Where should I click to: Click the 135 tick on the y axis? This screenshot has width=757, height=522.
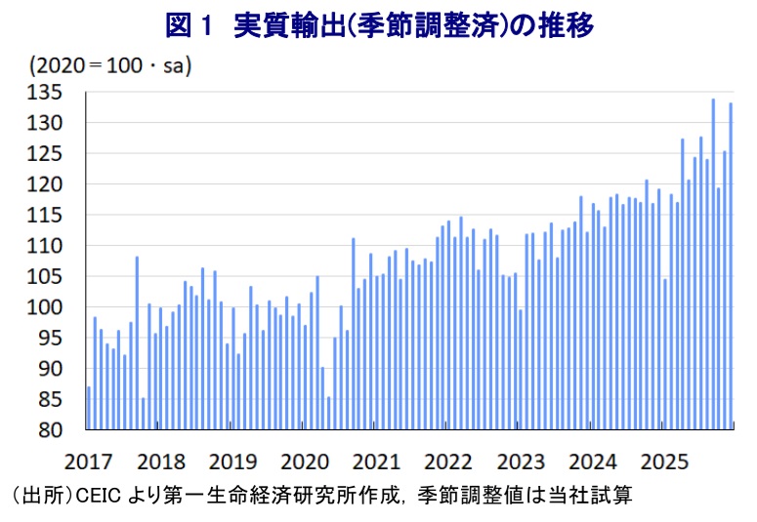coord(48,92)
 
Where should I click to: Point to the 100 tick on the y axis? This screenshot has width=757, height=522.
coord(48,307)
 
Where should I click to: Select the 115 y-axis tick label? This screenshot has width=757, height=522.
coord(48,215)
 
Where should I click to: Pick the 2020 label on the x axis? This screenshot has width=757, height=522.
coord(305,461)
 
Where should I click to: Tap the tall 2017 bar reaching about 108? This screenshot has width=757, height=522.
coord(137,341)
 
